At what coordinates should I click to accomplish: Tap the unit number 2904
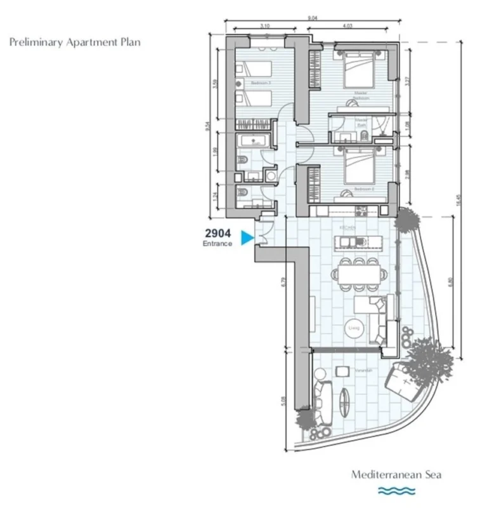coord(218,233)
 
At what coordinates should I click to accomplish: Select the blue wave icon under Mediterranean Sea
coord(396,490)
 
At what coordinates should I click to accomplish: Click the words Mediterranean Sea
coord(396,474)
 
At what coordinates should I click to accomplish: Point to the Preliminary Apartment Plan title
coord(75,43)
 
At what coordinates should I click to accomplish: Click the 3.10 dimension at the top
coord(265,26)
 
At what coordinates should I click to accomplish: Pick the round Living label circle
coord(354,328)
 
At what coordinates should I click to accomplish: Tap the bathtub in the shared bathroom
coord(254,141)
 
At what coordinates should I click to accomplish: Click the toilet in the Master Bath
coord(346,136)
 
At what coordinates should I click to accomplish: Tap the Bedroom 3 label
coord(260,83)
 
